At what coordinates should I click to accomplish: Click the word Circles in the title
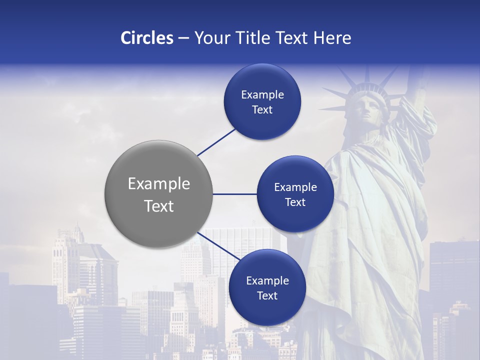click(x=146, y=38)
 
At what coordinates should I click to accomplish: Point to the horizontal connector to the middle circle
click(x=235, y=194)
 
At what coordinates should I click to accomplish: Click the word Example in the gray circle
click(x=159, y=184)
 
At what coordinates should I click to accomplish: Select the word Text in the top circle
click(x=262, y=110)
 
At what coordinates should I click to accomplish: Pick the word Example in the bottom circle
click(x=267, y=281)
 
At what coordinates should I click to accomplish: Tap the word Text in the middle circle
click(x=295, y=202)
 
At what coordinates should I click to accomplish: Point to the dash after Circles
click(x=183, y=38)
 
